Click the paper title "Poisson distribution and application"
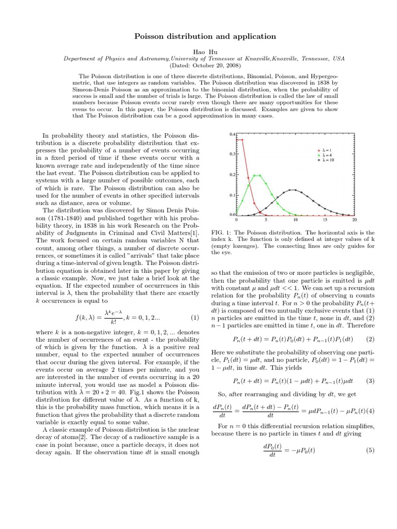pos(198,36)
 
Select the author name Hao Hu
pos(198,51)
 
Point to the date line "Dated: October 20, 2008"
pos(198,66)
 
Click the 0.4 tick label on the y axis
pos(232,134)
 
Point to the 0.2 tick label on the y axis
pos(232,175)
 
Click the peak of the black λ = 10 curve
pos(295,190)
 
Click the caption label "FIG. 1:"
pos(224,233)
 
